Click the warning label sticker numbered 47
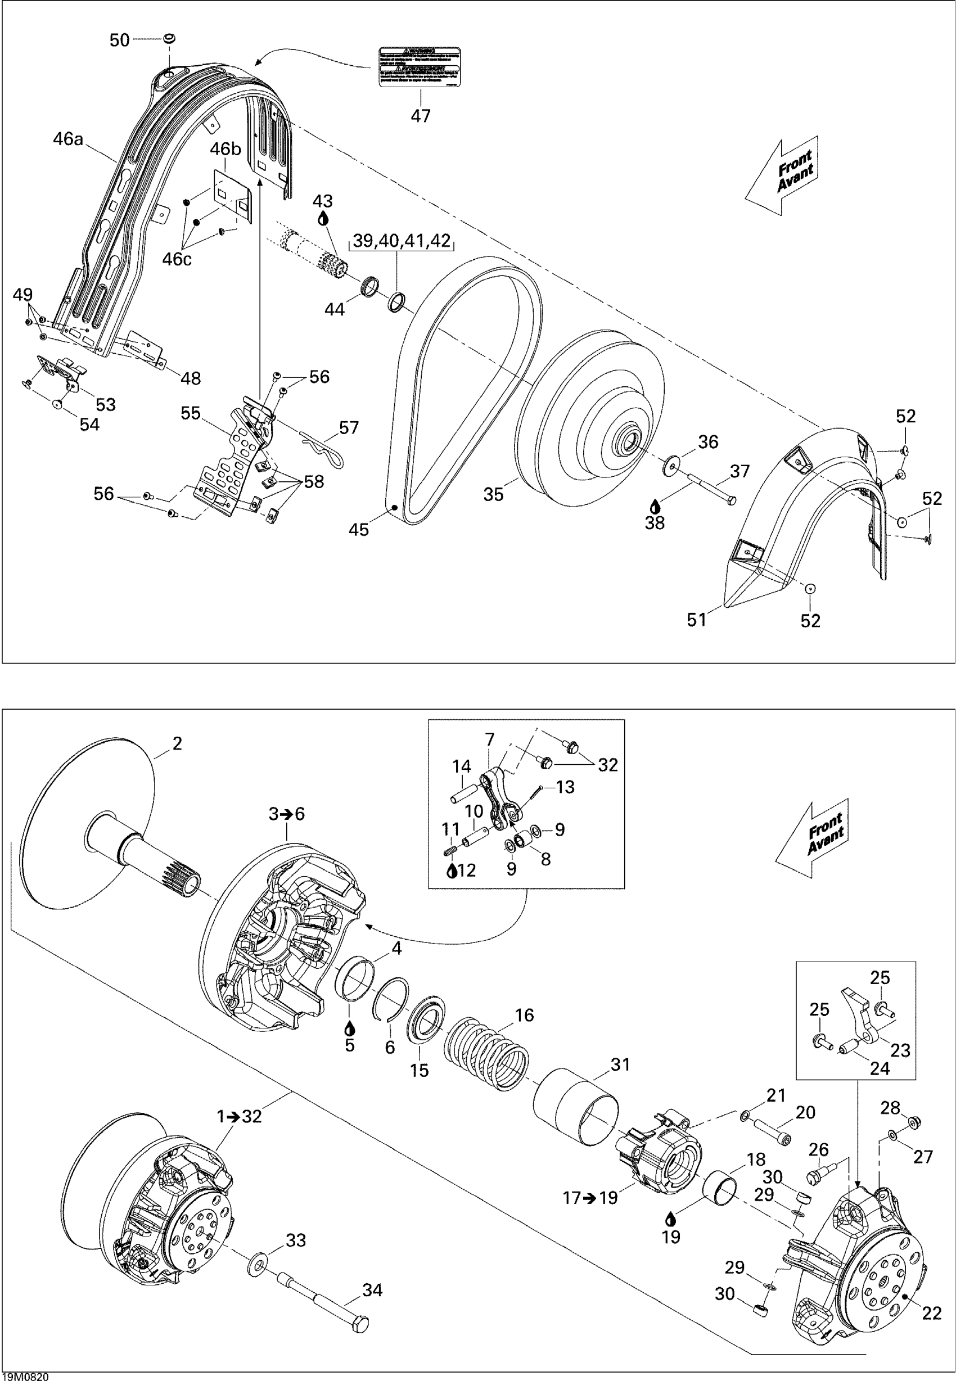(420, 66)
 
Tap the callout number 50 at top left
(120, 40)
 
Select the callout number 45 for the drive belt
(359, 529)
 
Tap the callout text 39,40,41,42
(402, 241)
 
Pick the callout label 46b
(226, 148)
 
